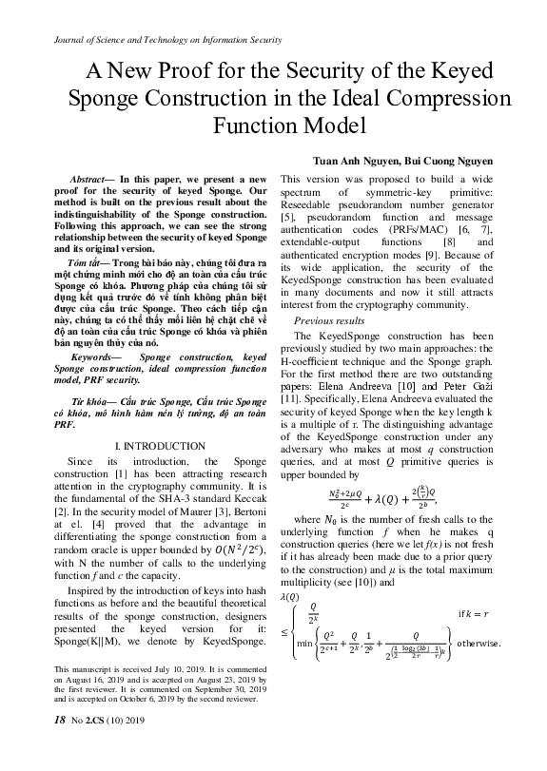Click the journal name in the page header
coord(157,40)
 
